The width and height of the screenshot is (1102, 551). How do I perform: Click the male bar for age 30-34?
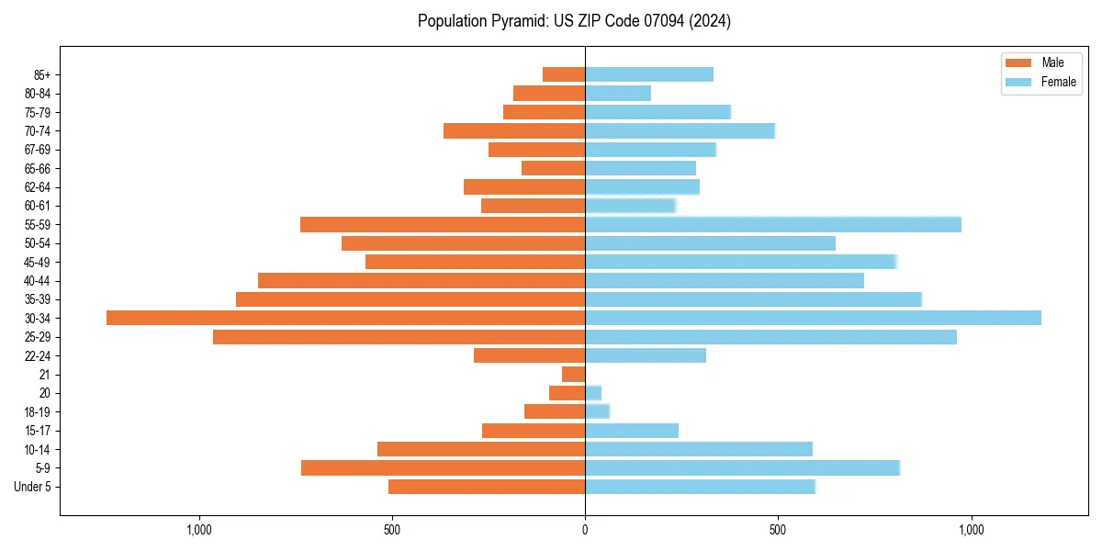(345, 318)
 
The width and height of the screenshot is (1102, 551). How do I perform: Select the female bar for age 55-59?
(772, 224)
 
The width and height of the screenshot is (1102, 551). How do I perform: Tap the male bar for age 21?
(574, 374)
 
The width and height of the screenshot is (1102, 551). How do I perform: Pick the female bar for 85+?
(648, 74)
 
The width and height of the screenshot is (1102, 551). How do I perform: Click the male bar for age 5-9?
(443, 467)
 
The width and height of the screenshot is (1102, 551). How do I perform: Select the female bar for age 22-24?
(645, 355)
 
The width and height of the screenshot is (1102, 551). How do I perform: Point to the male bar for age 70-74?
(514, 130)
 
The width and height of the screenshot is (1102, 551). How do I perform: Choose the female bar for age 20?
(593, 393)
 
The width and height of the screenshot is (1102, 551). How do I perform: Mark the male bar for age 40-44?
(422, 280)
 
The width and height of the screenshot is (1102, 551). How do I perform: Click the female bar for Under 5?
(700, 487)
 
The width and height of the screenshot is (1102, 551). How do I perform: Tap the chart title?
(574, 21)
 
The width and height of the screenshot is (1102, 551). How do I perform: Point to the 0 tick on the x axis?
(585, 530)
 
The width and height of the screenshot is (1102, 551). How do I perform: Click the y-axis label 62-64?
(37, 186)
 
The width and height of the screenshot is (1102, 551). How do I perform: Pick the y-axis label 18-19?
(37, 411)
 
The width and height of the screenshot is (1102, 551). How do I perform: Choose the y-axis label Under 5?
(32, 487)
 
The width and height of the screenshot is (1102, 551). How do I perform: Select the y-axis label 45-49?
(37, 262)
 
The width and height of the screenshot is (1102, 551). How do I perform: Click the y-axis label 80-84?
(37, 93)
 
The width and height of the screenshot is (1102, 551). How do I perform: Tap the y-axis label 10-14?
(37, 449)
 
